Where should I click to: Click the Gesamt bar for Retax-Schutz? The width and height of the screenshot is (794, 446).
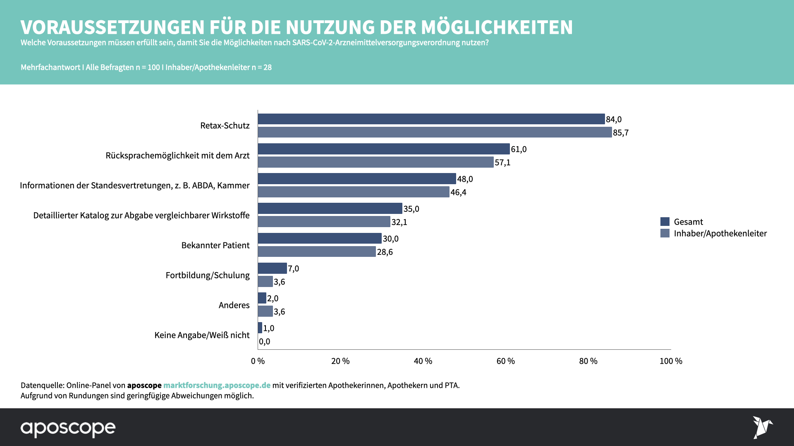[x=431, y=119]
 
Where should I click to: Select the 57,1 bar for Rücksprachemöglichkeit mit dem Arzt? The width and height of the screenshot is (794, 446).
[x=375, y=162]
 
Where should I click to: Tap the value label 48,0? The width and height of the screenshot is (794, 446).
[x=465, y=179]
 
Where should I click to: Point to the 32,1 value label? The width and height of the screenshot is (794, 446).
[x=399, y=222]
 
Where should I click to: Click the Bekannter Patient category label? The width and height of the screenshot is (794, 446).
[x=215, y=245]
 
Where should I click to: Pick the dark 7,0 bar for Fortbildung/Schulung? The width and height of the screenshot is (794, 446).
[x=272, y=268]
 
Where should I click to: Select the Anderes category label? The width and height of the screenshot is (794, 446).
[x=234, y=305]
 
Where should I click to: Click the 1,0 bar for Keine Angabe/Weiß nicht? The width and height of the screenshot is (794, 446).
[x=260, y=328]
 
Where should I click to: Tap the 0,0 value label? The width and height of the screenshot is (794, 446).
[x=264, y=342]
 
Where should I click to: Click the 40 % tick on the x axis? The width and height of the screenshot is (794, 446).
[x=423, y=361]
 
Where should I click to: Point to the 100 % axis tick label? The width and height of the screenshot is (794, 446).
[x=670, y=361]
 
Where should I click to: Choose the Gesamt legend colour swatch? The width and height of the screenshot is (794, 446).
[x=665, y=222]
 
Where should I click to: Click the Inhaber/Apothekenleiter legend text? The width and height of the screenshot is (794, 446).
[x=720, y=234]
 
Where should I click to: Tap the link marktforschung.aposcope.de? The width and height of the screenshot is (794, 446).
[x=217, y=385]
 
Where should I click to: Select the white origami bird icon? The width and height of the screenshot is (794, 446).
[x=762, y=427]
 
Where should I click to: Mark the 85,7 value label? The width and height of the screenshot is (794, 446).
[x=620, y=133]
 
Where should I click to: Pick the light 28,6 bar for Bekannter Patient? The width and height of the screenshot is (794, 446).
[x=317, y=251]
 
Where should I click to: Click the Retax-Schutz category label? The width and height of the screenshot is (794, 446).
[x=225, y=126]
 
